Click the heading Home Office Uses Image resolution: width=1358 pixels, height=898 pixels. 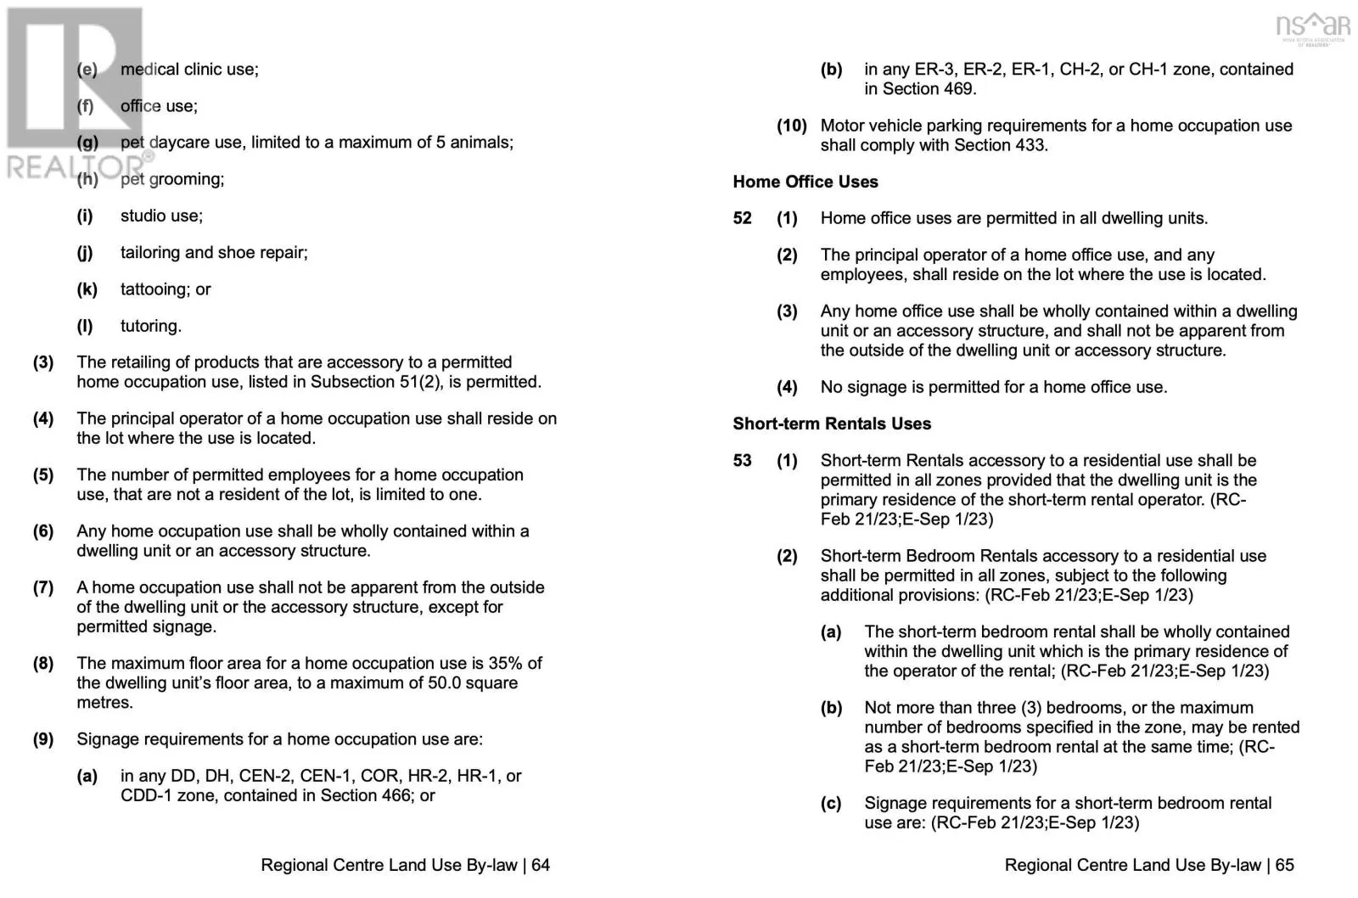(805, 182)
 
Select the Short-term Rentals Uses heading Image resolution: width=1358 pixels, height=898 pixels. (832, 424)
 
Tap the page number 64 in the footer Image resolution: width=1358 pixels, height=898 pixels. (541, 865)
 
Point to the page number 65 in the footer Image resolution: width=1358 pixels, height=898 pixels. (1284, 865)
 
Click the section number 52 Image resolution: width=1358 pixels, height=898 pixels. (743, 218)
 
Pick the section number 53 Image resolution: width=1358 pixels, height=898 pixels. (743, 460)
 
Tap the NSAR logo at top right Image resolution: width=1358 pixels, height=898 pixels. (1312, 27)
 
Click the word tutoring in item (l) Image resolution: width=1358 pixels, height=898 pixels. (150, 326)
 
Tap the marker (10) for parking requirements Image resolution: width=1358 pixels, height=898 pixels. (792, 126)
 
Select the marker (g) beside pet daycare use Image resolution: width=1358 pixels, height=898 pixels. (87, 143)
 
